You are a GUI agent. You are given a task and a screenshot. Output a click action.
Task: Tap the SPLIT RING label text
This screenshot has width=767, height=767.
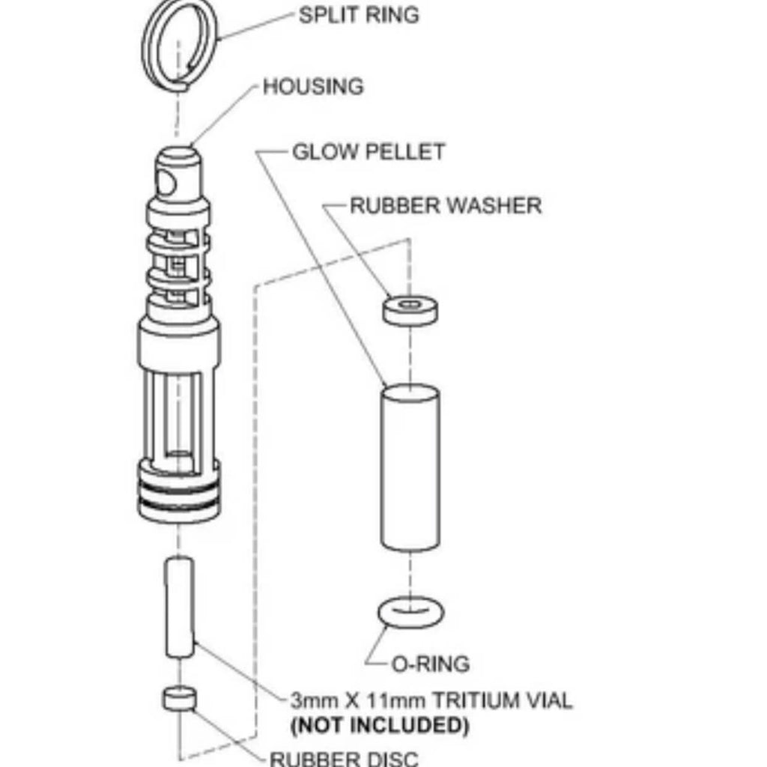359,15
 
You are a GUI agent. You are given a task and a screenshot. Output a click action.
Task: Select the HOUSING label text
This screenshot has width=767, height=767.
313,87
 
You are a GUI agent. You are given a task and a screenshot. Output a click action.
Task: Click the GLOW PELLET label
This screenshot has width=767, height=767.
368,152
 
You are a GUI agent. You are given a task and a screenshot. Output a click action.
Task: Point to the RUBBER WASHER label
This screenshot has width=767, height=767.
446,205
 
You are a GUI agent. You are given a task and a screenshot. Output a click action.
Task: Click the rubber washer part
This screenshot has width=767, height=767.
410,310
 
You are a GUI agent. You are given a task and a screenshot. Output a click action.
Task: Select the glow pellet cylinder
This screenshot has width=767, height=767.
410,468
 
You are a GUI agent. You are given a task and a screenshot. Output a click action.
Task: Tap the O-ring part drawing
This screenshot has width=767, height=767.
410,613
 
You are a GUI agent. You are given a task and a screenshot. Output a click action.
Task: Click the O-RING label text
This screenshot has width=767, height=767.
431,664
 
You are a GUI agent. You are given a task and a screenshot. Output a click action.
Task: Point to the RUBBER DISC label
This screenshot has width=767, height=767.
345,757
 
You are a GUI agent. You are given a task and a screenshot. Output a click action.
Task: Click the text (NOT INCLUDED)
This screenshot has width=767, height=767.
379,725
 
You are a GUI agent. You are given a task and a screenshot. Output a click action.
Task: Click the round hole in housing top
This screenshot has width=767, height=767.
167,182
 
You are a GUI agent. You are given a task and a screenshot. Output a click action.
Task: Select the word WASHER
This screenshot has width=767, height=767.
497,205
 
